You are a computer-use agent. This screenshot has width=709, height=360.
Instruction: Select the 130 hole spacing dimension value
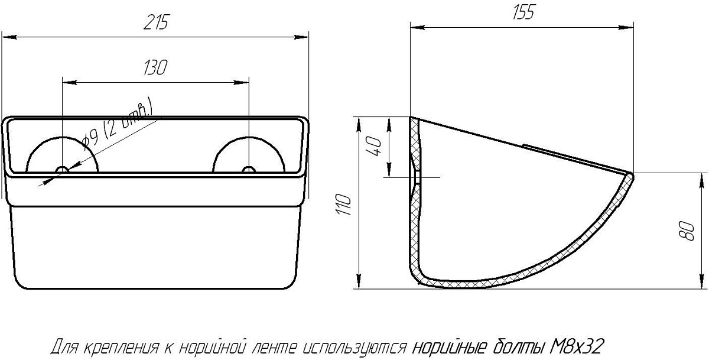[x=155, y=67]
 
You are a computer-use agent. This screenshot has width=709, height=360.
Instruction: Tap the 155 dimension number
[x=523, y=12]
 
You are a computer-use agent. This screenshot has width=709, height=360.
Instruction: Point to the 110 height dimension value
[x=344, y=204]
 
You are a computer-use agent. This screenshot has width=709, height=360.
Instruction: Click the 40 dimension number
[x=374, y=146]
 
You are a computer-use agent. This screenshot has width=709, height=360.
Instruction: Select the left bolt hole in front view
[x=63, y=170]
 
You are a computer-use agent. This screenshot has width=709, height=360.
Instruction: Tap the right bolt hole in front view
[x=249, y=170]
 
